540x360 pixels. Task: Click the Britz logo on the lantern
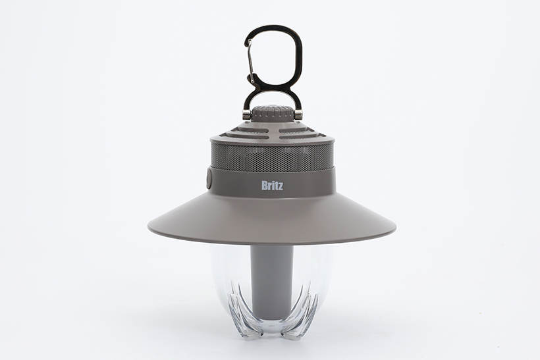tap(272, 186)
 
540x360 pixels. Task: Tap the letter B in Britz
tap(263, 186)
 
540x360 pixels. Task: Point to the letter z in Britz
tap(281, 187)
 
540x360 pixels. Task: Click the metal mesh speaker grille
tap(272, 157)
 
